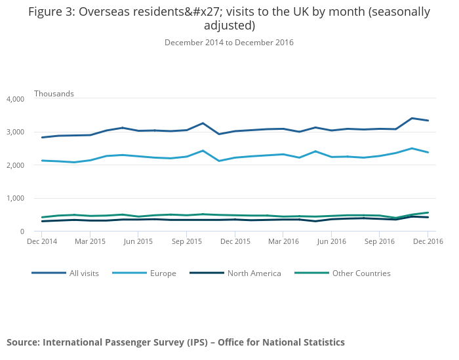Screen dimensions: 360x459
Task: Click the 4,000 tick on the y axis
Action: (14, 99)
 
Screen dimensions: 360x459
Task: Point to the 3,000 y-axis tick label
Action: (14, 132)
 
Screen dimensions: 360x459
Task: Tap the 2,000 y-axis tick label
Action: (14, 165)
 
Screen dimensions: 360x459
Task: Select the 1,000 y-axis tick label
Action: (14, 198)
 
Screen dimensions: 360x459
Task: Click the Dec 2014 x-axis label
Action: (41, 241)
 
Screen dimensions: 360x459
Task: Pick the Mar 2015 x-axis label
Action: (90, 241)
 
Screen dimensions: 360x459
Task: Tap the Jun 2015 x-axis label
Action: (138, 241)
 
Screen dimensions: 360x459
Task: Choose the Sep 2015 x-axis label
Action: (187, 241)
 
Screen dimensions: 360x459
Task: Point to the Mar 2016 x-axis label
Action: (283, 241)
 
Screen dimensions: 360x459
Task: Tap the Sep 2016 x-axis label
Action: (380, 241)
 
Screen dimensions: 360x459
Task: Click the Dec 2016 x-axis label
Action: (428, 241)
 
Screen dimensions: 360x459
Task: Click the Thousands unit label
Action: (54, 94)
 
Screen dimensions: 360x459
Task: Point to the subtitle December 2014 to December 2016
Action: (229, 43)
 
